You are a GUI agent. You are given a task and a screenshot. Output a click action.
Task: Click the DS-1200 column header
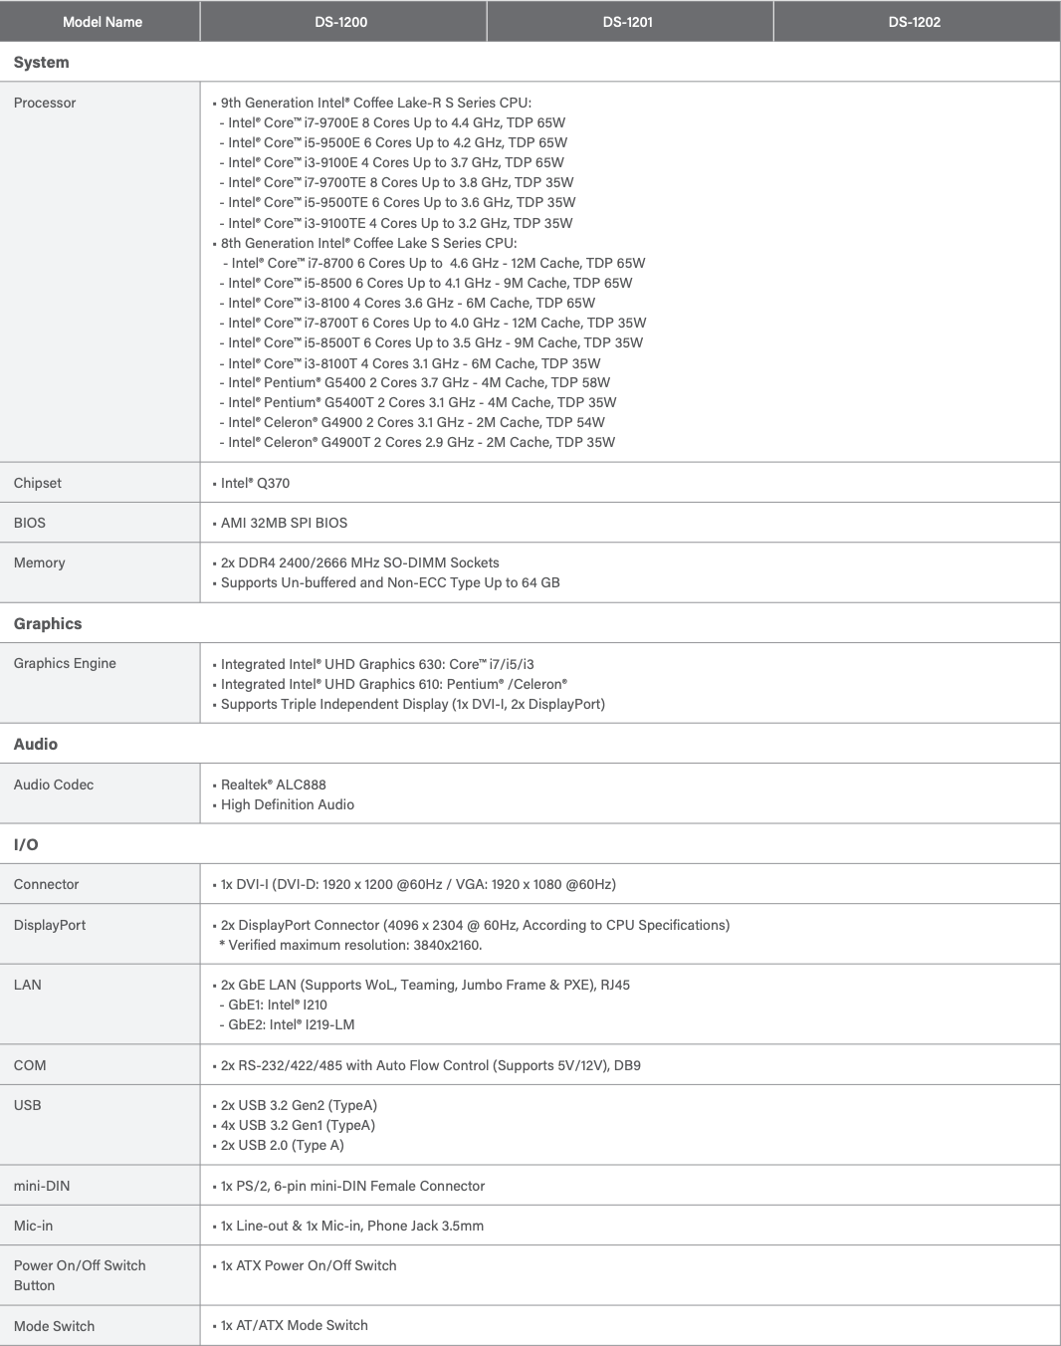(x=340, y=22)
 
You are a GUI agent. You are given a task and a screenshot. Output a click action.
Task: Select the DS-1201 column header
(x=627, y=22)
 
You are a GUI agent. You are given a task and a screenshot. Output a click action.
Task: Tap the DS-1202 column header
(x=914, y=22)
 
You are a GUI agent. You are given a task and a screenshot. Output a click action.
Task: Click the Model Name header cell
(x=102, y=22)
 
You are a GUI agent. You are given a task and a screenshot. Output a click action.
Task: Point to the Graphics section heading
(x=48, y=623)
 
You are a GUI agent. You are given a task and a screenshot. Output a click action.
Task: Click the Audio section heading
(x=36, y=744)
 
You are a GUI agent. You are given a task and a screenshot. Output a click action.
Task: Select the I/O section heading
(x=26, y=844)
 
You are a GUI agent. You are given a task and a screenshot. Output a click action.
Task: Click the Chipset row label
(x=38, y=483)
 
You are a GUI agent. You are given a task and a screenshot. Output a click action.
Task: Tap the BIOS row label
(x=30, y=523)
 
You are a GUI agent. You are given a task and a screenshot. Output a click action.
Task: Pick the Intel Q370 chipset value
(x=255, y=483)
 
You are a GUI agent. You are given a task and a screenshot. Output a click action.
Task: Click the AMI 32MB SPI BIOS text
(x=284, y=523)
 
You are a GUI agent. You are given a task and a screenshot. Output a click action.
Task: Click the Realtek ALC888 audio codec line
(x=273, y=785)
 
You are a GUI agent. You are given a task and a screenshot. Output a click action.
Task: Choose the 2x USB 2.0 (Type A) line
(x=282, y=1145)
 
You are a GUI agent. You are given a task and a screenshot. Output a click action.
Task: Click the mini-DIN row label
(x=42, y=1186)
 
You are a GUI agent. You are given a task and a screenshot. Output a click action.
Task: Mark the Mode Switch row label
(x=54, y=1326)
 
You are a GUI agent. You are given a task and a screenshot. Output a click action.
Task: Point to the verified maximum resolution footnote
(x=349, y=945)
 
